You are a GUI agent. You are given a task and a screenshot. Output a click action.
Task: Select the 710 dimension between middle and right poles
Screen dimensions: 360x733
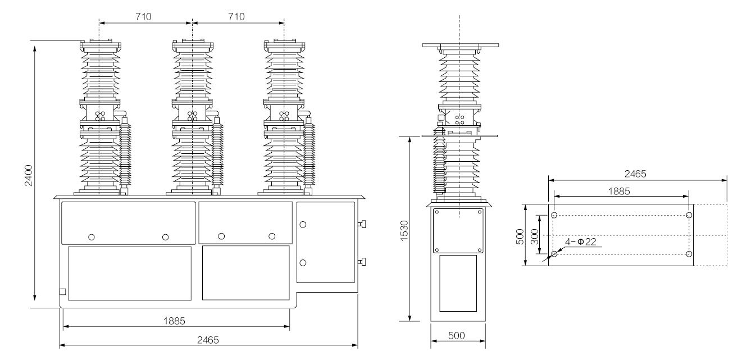237,16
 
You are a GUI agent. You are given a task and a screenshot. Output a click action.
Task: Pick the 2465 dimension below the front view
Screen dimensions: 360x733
208,340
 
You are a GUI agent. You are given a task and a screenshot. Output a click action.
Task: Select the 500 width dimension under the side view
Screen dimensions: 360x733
458,335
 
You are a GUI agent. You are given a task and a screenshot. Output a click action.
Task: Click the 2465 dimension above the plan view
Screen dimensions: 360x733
637,174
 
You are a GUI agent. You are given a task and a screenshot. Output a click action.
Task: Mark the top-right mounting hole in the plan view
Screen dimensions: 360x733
689,216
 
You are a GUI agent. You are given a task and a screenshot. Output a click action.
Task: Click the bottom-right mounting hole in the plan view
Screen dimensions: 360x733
689,254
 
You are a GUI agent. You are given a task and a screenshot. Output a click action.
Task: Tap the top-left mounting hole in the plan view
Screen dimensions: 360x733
554,216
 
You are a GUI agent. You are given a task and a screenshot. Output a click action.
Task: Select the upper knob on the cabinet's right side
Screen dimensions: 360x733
362,225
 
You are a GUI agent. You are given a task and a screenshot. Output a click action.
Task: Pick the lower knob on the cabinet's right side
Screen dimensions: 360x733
362,261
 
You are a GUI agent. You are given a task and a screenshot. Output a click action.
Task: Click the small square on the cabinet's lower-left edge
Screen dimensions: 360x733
62,291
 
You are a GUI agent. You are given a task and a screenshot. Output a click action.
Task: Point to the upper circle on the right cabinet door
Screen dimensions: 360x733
303,224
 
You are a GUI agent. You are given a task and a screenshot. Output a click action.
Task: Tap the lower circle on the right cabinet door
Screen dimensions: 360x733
303,262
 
